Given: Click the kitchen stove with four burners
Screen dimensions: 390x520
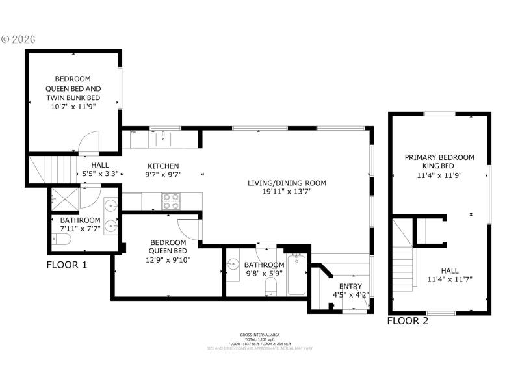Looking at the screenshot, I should pos(170,201).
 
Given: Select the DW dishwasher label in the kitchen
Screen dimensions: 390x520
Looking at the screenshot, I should pos(133,133).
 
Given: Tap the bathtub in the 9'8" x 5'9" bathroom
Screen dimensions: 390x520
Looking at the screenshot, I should pos(296,275).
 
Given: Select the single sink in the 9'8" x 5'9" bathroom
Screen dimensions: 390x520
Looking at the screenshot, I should pos(233,265).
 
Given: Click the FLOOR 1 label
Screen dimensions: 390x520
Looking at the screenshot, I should pos(67,265).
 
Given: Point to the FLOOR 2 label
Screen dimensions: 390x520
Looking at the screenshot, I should pos(408,321).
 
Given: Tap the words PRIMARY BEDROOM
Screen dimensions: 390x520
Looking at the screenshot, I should pos(439,157).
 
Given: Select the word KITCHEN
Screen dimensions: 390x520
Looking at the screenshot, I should pos(162,166).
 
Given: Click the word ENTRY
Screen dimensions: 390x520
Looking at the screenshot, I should pos(350,286).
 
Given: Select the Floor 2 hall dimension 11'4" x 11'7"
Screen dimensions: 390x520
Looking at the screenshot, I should pos(449,279).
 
